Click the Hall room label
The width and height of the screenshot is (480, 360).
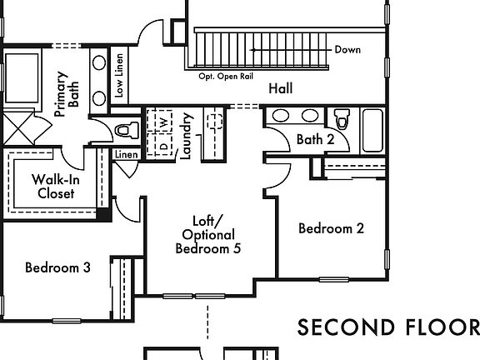[x=280, y=88]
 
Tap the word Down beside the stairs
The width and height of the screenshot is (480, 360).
[x=347, y=50]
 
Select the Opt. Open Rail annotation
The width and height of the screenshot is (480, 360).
[x=226, y=76]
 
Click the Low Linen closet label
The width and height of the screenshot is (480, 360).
[x=119, y=76]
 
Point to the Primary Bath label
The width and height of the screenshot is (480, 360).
[x=67, y=94]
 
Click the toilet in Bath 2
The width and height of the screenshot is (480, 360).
[x=342, y=119]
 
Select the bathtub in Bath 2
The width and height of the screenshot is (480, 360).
[x=372, y=131]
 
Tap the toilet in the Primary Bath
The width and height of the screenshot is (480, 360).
[x=127, y=130]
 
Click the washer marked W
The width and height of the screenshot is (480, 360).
[x=164, y=122]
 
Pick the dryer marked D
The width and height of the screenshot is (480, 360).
[x=164, y=145]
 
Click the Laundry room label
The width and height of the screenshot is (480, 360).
[x=186, y=136]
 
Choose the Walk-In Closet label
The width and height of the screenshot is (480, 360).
[x=56, y=187]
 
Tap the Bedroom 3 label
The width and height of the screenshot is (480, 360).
[x=57, y=267]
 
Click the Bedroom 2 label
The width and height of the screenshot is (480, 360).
[x=331, y=228]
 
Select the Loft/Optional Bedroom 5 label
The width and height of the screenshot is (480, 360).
[x=208, y=235]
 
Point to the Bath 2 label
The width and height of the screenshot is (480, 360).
[x=315, y=139]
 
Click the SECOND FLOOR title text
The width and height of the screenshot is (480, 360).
[x=388, y=327]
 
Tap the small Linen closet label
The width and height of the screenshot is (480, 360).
[x=127, y=155]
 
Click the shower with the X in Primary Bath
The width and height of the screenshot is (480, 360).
[x=17, y=128]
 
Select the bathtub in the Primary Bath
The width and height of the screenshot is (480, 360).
[x=22, y=78]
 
